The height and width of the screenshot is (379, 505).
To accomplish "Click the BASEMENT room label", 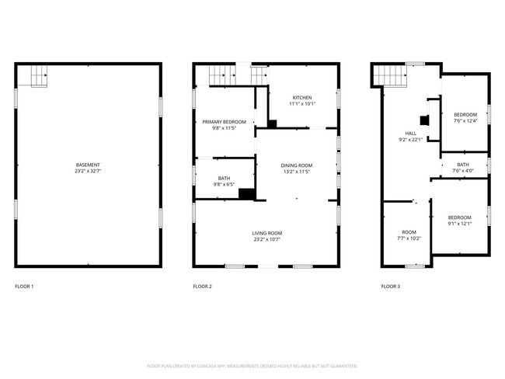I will click(87, 165).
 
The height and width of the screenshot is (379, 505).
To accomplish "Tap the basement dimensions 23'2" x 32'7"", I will click(87, 171).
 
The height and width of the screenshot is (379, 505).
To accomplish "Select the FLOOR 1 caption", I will click(24, 287).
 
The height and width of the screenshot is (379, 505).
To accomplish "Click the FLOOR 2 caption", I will click(202, 287).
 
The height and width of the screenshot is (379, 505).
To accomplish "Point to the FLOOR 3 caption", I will click(391, 287).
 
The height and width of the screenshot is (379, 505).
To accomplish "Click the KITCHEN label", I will click(301, 98).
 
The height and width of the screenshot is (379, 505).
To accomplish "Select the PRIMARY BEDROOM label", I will click(224, 122).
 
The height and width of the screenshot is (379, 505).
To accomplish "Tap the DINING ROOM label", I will click(296, 165).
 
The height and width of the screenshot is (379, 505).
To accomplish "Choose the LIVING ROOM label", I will click(266, 233).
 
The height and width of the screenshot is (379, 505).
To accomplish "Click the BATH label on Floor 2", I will click(224, 179).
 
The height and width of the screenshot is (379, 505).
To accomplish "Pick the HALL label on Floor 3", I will click(410, 134).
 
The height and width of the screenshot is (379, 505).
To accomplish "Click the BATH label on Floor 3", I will click(462, 165).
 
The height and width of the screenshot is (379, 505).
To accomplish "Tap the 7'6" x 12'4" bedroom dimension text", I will click(465, 120).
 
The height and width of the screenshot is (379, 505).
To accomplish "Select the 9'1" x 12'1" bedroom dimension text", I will click(459, 224).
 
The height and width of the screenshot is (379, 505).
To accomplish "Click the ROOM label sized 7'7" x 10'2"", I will click(409, 232).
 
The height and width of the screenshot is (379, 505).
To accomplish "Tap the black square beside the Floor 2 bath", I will click(247, 194).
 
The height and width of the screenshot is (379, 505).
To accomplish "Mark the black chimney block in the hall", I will click(423, 120).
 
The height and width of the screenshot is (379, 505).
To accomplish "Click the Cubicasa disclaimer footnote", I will click(252, 365).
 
